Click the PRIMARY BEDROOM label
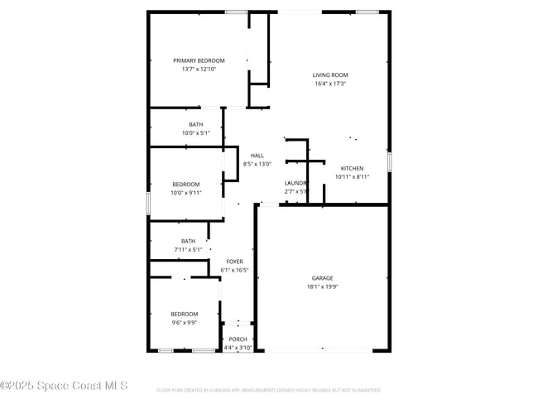click(x=199, y=60)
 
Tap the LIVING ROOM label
click(x=329, y=75)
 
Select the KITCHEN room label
click(x=352, y=168)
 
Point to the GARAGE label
click(x=323, y=278)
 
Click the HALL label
click(x=257, y=156)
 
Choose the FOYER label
click(x=235, y=262)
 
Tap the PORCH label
click(x=238, y=339)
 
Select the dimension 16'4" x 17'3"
click(x=329, y=84)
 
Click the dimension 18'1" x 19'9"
click(x=323, y=287)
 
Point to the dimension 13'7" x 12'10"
click(x=199, y=69)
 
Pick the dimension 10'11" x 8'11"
click(x=352, y=176)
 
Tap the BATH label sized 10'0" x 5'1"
click(x=195, y=124)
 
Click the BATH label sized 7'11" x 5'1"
click(x=189, y=241)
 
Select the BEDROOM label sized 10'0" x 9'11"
click(x=185, y=184)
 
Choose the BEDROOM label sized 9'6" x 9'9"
click(x=185, y=314)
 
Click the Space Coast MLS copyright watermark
click(x=64, y=386)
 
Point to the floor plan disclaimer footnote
click(x=268, y=389)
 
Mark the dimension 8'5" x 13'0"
click(x=257, y=164)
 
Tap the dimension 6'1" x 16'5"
click(x=235, y=270)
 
